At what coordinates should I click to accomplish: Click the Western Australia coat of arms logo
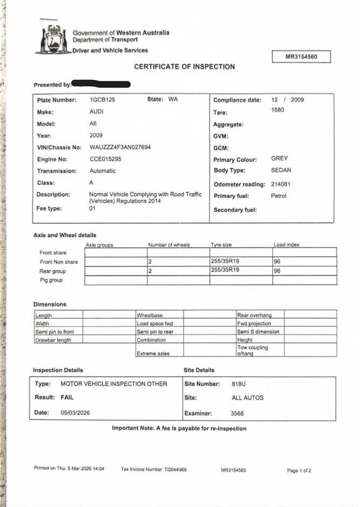pyautogui.click(x=53, y=38)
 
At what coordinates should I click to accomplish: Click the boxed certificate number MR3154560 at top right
pyautogui.click(x=301, y=57)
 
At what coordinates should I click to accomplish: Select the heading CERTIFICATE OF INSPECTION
pyautogui.click(x=184, y=67)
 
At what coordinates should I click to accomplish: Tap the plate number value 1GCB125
pyautogui.click(x=103, y=100)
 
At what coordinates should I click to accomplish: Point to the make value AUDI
pyautogui.click(x=97, y=112)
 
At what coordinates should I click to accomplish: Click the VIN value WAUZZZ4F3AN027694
pyautogui.click(x=120, y=147)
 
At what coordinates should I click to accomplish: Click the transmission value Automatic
pyautogui.click(x=103, y=171)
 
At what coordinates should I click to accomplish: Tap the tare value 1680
pyautogui.click(x=277, y=111)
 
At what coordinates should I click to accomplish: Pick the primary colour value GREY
pyautogui.click(x=280, y=159)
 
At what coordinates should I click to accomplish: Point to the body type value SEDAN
pyautogui.click(x=281, y=170)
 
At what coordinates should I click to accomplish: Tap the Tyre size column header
pyautogui.click(x=221, y=245)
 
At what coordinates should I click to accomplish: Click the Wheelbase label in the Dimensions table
pyautogui.click(x=150, y=315)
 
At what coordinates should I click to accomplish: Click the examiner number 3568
pyautogui.click(x=237, y=414)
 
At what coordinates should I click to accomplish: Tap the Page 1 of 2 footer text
pyautogui.click(x=299, y=470)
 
